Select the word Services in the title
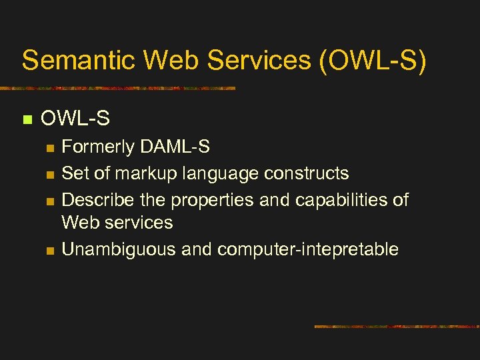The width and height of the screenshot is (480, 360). pyautogui.click(x=259, y=60)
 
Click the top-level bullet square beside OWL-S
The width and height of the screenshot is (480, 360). pyautogui.click(x=27, y=120)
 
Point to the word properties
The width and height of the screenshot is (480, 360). pyautogui.click(x=211, y=201)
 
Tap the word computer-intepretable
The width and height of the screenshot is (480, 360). pyautogui.click(x=308, y=250)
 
